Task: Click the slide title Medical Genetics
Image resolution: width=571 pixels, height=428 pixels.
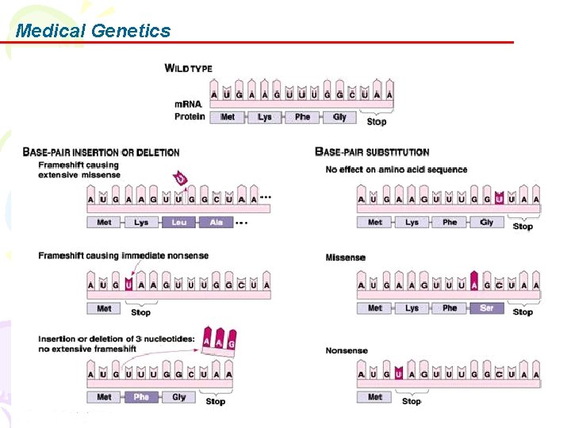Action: pyautogui.click(x=93, y=31)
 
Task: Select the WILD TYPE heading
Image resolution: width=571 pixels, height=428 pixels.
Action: pyautogui.click(x=189, y=68)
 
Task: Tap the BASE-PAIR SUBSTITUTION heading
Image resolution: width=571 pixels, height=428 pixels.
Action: pyautogui.click(x=372, y=151)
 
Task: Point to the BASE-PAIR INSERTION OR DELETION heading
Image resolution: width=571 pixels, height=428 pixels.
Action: pyautogui.click(x=101, y=151)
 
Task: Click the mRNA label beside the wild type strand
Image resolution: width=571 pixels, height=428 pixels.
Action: pyautogui.click(x=188, y=105)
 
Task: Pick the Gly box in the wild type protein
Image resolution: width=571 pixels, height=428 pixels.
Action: pyautogui.click(x=339, y=117)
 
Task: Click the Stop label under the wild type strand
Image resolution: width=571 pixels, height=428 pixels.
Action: pyautogui.click(x=377, y=121)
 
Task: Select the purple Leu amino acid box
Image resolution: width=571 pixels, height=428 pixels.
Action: pyautogui.click(x=178, y=223)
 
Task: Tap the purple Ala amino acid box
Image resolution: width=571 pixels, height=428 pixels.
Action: pyautogui.click(x=216, y=223)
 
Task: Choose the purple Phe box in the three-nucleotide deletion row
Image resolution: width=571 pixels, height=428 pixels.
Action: pyautogui.click(x=141, y=397)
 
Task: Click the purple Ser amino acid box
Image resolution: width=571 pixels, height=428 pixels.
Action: pyautogui.click(x=486, y=308)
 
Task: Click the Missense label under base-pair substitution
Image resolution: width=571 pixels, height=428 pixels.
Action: pyautogui.click(x=346, y=258)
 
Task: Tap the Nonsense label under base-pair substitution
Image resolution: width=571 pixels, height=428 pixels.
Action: pyautogui.click(x=347, y=350)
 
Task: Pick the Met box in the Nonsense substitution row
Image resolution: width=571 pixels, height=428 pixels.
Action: pyautogui.click(x=374, y=397)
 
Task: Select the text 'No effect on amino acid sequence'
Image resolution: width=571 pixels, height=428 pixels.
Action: pyautogui.click(x=397, y=170)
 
